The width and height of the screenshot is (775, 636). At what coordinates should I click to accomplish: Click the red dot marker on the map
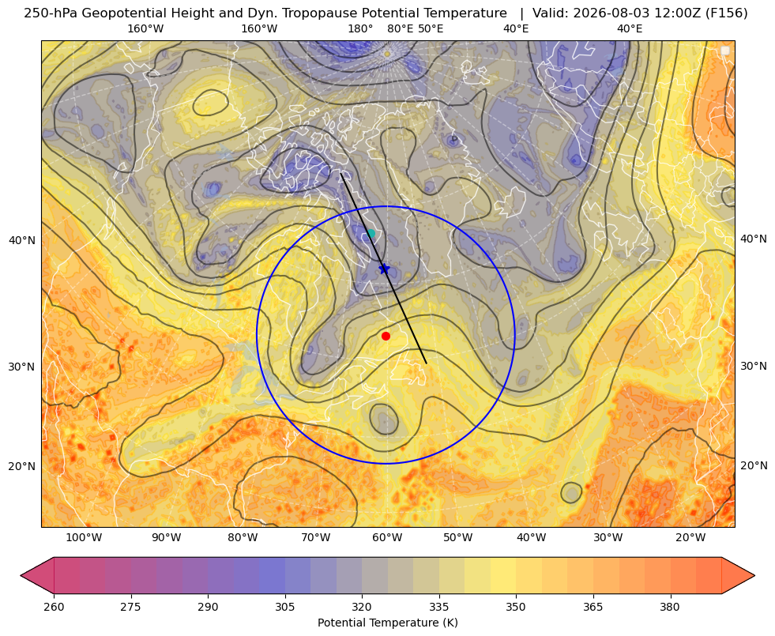pos(386,336)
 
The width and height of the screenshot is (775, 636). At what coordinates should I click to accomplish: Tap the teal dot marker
pos(371,233)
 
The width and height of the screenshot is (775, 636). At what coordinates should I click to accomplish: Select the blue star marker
pos(385,269)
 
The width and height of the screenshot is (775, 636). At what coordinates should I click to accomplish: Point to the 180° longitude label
pos(360,28)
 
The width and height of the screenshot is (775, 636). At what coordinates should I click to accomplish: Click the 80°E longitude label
pos(400,28)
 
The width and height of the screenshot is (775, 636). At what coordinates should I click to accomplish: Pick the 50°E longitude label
pos(431,28)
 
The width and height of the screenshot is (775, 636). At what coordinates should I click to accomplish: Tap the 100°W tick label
pos(84,537)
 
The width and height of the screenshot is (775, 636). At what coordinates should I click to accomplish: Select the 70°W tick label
pos(316,537)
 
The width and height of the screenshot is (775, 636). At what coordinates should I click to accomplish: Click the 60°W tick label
pos(387,537)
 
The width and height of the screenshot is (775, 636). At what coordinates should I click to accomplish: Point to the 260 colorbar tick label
pos(54,607)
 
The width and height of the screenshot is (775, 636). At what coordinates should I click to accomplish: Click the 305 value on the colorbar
pos(285,607)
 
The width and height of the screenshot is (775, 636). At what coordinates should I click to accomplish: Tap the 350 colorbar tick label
pos(516,607)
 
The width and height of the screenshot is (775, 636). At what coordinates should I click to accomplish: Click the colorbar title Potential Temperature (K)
pos(387,623)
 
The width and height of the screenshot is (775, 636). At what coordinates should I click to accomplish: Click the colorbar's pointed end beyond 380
pos(739,575)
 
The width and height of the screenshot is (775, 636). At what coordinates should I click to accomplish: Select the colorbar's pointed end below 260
pos(37,575)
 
